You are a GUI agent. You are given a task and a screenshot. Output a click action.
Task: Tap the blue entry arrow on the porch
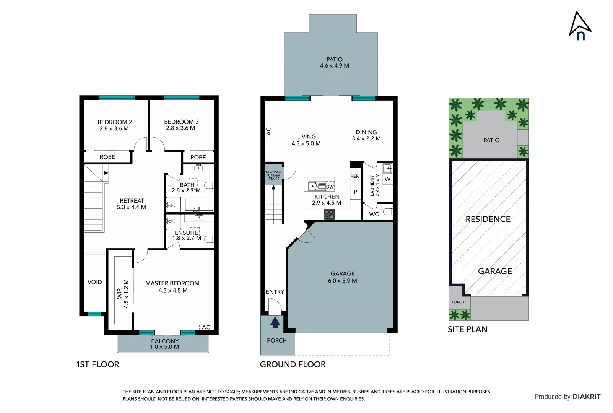click(x=275, y=323)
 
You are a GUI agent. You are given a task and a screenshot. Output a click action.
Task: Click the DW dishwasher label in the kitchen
click(x=330, y=187)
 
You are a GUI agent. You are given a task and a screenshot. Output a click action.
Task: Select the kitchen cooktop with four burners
click(x=329, y=215)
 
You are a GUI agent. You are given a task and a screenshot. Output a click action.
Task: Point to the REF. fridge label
click(x=355, y=176)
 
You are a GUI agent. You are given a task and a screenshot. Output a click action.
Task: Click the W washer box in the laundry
click(x=387, y=179)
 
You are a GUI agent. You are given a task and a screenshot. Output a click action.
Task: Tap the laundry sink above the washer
click(x=387, y=168)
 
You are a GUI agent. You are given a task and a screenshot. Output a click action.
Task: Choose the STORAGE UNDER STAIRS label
click(x=274, y=175)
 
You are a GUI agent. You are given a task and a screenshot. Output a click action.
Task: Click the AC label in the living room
click(x=268, y=131)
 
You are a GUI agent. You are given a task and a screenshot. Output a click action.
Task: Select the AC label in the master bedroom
click(x=206, y=327)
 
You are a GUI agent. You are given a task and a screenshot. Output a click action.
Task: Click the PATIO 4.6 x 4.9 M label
click(x=334, y=62)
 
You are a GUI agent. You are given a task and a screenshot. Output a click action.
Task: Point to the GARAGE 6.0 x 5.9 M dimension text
click(x=342, y=281)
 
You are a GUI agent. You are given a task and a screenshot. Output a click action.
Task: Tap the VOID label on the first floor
click(x=95, y=282)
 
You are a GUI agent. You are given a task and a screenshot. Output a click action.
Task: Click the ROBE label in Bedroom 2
click(x=107, y=157)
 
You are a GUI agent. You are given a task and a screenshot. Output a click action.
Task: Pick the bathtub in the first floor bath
click(x=199, y=204)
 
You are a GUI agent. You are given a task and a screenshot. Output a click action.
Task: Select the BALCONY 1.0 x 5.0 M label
click(x=164, y=344)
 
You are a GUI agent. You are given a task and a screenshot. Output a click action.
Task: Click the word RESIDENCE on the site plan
click(x=488, y=219)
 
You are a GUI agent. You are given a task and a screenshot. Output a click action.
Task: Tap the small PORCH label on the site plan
click(x=458, y=302)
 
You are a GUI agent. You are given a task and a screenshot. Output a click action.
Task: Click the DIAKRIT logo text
click(x=586, y=397)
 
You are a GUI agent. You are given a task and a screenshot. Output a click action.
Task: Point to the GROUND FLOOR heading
click(x=293, y=364)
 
